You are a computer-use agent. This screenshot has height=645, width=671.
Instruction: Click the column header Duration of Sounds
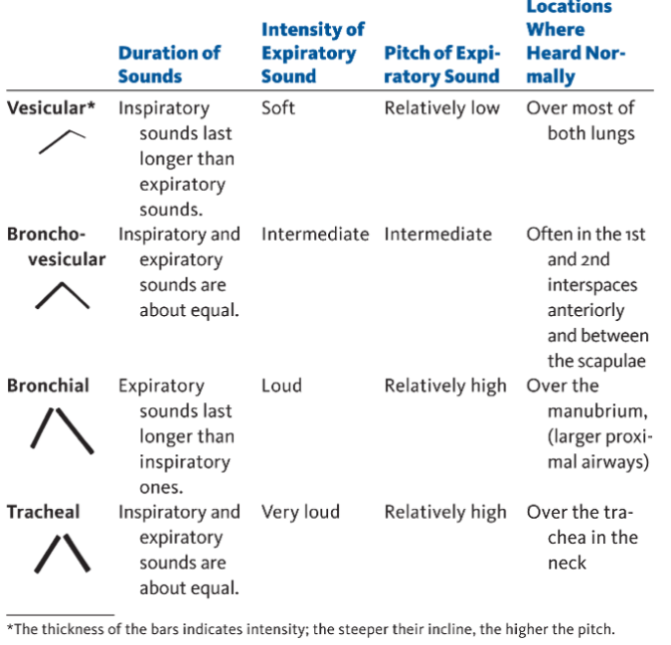pos(168,64)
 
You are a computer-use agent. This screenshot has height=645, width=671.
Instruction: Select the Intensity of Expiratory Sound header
pos(312,53)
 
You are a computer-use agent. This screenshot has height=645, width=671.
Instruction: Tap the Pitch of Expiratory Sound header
pos(441,64)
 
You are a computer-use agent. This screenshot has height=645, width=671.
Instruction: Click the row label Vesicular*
pos(52,108)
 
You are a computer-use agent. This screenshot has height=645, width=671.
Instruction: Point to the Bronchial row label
pos(48,386)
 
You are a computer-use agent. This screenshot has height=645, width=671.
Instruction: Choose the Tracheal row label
pos(44,513)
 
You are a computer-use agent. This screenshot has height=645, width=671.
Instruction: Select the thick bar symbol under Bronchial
pos(63,429)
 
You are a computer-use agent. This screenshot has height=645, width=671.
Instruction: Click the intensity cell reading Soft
pos(278,108)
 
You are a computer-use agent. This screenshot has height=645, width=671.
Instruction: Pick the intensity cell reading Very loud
pos(300,513)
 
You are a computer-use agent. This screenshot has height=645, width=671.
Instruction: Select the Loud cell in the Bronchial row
pos(282,386)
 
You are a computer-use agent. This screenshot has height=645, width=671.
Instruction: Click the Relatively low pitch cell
pos(441,108)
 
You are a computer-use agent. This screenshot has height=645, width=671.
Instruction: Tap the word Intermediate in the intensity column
pos(315,235)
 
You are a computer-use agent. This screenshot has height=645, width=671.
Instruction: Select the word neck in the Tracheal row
pos(567,563)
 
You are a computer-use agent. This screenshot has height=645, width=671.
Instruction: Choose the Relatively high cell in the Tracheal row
pos(445,513)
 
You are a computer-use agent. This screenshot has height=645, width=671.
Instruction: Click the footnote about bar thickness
pos(310,629)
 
